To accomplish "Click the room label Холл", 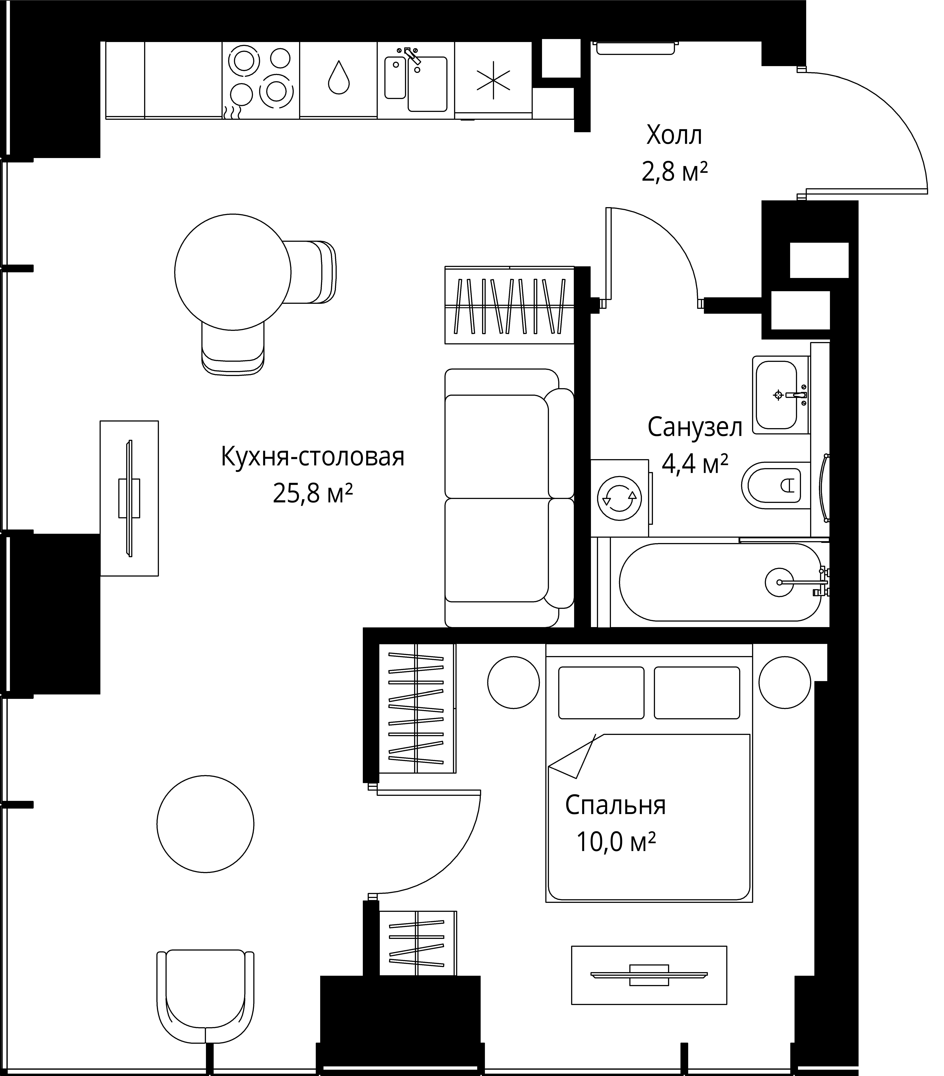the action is tap(674, 135).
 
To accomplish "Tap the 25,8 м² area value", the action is tap(313, 494).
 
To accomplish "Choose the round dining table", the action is tap(233, 272).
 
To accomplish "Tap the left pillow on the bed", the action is tap(601, 693).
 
